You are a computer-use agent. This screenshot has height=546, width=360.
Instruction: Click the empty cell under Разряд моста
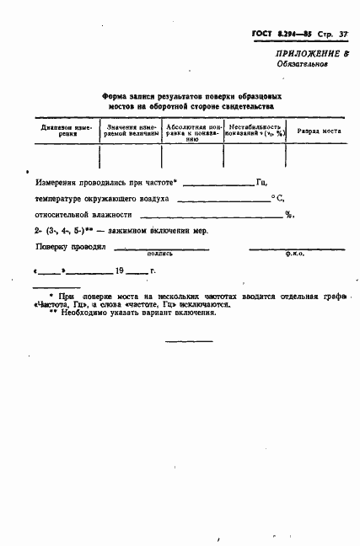[x=318, y=157]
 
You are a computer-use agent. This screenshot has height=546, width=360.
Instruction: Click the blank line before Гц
[x=218, y=184]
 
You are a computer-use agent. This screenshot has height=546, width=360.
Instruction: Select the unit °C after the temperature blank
[x=276, y=200]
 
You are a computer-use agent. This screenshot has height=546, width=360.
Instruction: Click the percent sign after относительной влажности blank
[x=288, y=215]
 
